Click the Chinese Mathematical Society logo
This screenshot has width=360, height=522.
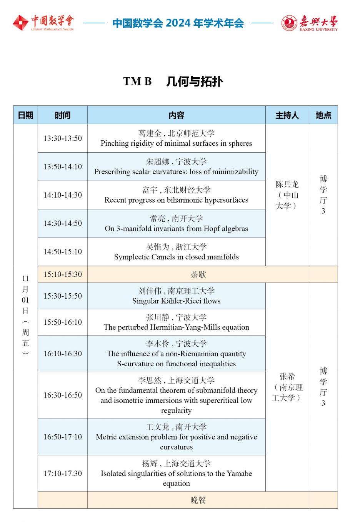tap(43, 23)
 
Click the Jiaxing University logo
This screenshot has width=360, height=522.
tap(309, 23)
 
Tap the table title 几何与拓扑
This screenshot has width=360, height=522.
tap(195, 81)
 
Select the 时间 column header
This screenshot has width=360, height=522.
tap(63, 115)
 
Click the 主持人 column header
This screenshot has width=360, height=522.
tap(287, 115)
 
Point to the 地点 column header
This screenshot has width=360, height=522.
tap(323, 115)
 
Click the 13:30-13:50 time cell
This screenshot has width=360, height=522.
tap(63, 138)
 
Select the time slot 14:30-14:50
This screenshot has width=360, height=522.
tap(63, 223)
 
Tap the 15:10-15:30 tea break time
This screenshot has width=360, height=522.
tap(63, 274)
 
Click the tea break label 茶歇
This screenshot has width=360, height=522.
tap(198, 274)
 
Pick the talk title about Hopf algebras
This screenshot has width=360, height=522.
tap(176, 229)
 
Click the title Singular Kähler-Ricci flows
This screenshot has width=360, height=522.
tap(176, 301)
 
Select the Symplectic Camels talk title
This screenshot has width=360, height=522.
tap(176, 257)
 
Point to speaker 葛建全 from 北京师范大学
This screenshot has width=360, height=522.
tap(176, 133)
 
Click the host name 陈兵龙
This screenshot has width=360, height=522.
tap(287, 185)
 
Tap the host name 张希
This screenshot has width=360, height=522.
tap(287, 377)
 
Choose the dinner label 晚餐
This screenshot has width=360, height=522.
tap(198, 500)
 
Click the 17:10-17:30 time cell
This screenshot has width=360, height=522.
tap(63, 474)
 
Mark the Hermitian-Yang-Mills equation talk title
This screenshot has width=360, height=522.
tap(176, 327)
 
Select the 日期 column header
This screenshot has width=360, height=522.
tap(25, 115)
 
